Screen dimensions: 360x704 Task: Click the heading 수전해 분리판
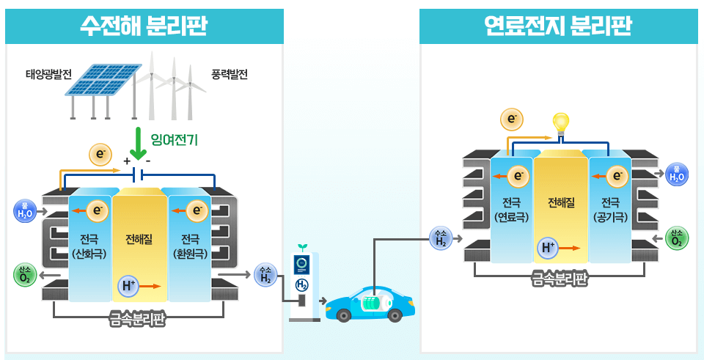pos(144,26)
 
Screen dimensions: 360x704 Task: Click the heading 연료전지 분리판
pos(558,26)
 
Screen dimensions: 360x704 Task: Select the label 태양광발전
pos(48,75)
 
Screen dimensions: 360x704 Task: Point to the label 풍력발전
pos(230,75)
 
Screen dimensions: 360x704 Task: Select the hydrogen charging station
pos(302,282)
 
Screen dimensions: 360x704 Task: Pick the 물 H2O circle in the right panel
pos(676,175)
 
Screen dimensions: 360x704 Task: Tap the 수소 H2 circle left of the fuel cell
pos(440,238)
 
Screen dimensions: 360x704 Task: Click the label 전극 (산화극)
pos(90,246)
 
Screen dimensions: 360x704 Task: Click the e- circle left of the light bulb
pos(511,118)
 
